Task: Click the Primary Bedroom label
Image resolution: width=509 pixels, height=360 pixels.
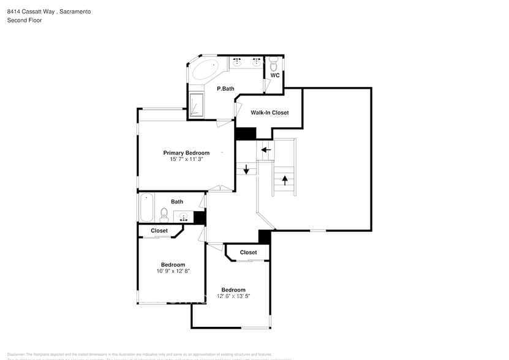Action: tap(186, 152)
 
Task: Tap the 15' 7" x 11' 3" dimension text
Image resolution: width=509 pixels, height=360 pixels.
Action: tap(186, 159)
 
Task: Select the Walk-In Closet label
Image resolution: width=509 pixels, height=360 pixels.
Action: tap(270, 113)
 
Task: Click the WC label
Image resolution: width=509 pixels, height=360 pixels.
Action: tap(275, 75)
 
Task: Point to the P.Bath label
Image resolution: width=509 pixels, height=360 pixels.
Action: tap(225, 89)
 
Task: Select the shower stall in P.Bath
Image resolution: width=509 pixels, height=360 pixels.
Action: tap(196, 104)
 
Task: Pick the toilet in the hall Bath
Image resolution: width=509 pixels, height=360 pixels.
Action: tap(164, 214)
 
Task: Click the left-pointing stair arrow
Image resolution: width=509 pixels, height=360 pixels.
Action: tap(266, 149)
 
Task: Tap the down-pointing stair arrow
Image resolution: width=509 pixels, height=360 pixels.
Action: tap(246, 170)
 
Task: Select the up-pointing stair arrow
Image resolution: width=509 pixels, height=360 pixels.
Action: tap(285, 180)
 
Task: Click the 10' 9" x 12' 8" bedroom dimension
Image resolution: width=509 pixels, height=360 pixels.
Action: tap(173, 271)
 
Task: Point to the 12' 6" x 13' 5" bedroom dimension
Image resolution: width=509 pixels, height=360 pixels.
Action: tap(233, 296)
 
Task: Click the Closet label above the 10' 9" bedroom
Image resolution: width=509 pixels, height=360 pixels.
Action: tap(159, 231)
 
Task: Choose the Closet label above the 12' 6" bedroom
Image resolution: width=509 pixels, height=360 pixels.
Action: tap(248, 252)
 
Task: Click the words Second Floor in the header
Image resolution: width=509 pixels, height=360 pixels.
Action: tap(25, 20)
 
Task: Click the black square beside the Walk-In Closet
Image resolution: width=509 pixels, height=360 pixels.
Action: tap(246, 133)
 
